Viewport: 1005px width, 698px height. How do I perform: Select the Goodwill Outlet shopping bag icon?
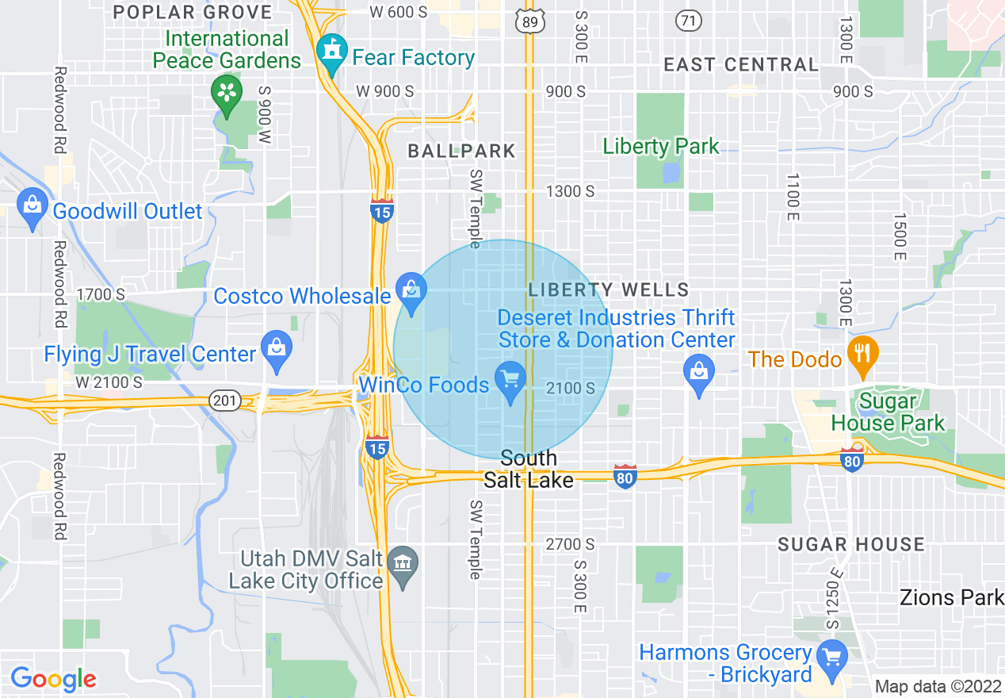pos(32,208)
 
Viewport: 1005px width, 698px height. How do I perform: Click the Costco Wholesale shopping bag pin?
pos(411,291)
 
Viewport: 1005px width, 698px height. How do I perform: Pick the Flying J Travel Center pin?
pos(277,349)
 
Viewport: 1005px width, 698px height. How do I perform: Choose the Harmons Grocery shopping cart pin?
pos(832,658)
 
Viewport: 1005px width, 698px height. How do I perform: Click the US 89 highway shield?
pos(530,21)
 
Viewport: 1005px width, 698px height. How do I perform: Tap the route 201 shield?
pos(226,401)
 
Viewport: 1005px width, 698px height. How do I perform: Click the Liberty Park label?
pos(661,146)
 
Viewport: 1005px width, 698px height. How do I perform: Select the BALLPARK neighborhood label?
pos(461,151)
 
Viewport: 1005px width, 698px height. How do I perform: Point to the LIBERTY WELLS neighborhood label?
pos(609,290)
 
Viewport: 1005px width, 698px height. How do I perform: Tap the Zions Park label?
pos(951,597)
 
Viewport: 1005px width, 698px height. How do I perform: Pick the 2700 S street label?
pos(570,544)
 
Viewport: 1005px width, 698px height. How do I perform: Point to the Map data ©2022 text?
pos(937,686)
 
